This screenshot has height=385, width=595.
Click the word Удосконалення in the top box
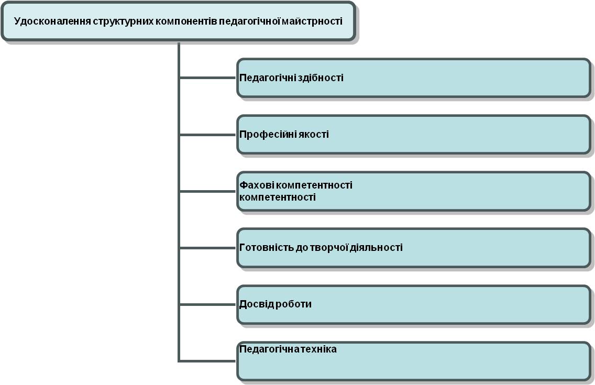point(52,21)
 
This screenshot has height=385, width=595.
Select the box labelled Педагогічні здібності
point(414,78)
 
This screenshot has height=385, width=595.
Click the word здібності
point(321,78)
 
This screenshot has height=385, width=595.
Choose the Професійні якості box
point(414,134)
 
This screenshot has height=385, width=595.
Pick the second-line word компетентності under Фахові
point(278,197)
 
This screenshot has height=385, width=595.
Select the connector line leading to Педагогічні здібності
point(207,78)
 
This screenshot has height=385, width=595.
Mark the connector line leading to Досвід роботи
point(207,304)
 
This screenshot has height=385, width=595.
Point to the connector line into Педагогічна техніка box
point(207,361)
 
